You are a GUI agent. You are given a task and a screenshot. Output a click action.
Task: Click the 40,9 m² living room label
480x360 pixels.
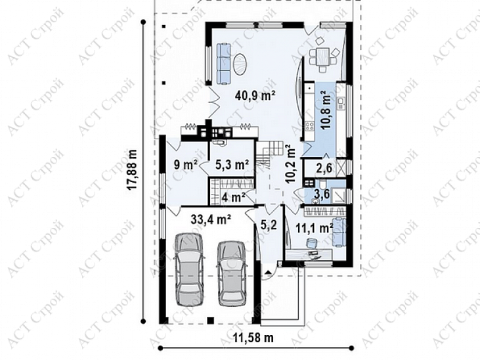click(x=255, y=96)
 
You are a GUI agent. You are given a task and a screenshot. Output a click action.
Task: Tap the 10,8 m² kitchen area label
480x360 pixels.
click(x=326, y=110)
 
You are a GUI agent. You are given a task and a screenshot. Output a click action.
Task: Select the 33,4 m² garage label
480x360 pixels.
click(x=211, y=219)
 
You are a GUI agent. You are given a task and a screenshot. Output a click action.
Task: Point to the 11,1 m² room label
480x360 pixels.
click(x=315, y=228)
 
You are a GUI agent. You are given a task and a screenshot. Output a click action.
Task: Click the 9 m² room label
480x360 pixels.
click(x=185, y=165)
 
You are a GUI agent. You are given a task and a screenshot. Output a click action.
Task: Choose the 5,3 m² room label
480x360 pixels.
click(x=232, y=165)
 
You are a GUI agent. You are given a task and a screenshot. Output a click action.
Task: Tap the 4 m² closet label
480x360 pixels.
click(x=234, y=197)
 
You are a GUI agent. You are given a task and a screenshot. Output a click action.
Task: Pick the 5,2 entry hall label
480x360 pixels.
click(x=269, y=225)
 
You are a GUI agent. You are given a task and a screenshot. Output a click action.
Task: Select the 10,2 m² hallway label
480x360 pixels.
click(x=290, y=164)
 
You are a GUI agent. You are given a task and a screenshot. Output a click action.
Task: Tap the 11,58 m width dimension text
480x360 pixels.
click(x=253, y=338)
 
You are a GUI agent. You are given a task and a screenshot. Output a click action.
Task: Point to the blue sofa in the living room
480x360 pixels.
click(x=223, y=64)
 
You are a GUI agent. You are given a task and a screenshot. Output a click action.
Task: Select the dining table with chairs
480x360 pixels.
click(x=323, y=55)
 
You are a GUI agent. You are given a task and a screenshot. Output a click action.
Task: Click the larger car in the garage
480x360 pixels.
click(x=188, y=269)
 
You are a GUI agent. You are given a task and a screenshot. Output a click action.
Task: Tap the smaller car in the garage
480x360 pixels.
click(x=231, y=273)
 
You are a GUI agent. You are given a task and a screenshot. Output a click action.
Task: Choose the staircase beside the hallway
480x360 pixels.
click(x=269, y=153)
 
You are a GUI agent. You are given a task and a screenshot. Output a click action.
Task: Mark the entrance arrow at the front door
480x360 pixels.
click(x=269, y=272)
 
